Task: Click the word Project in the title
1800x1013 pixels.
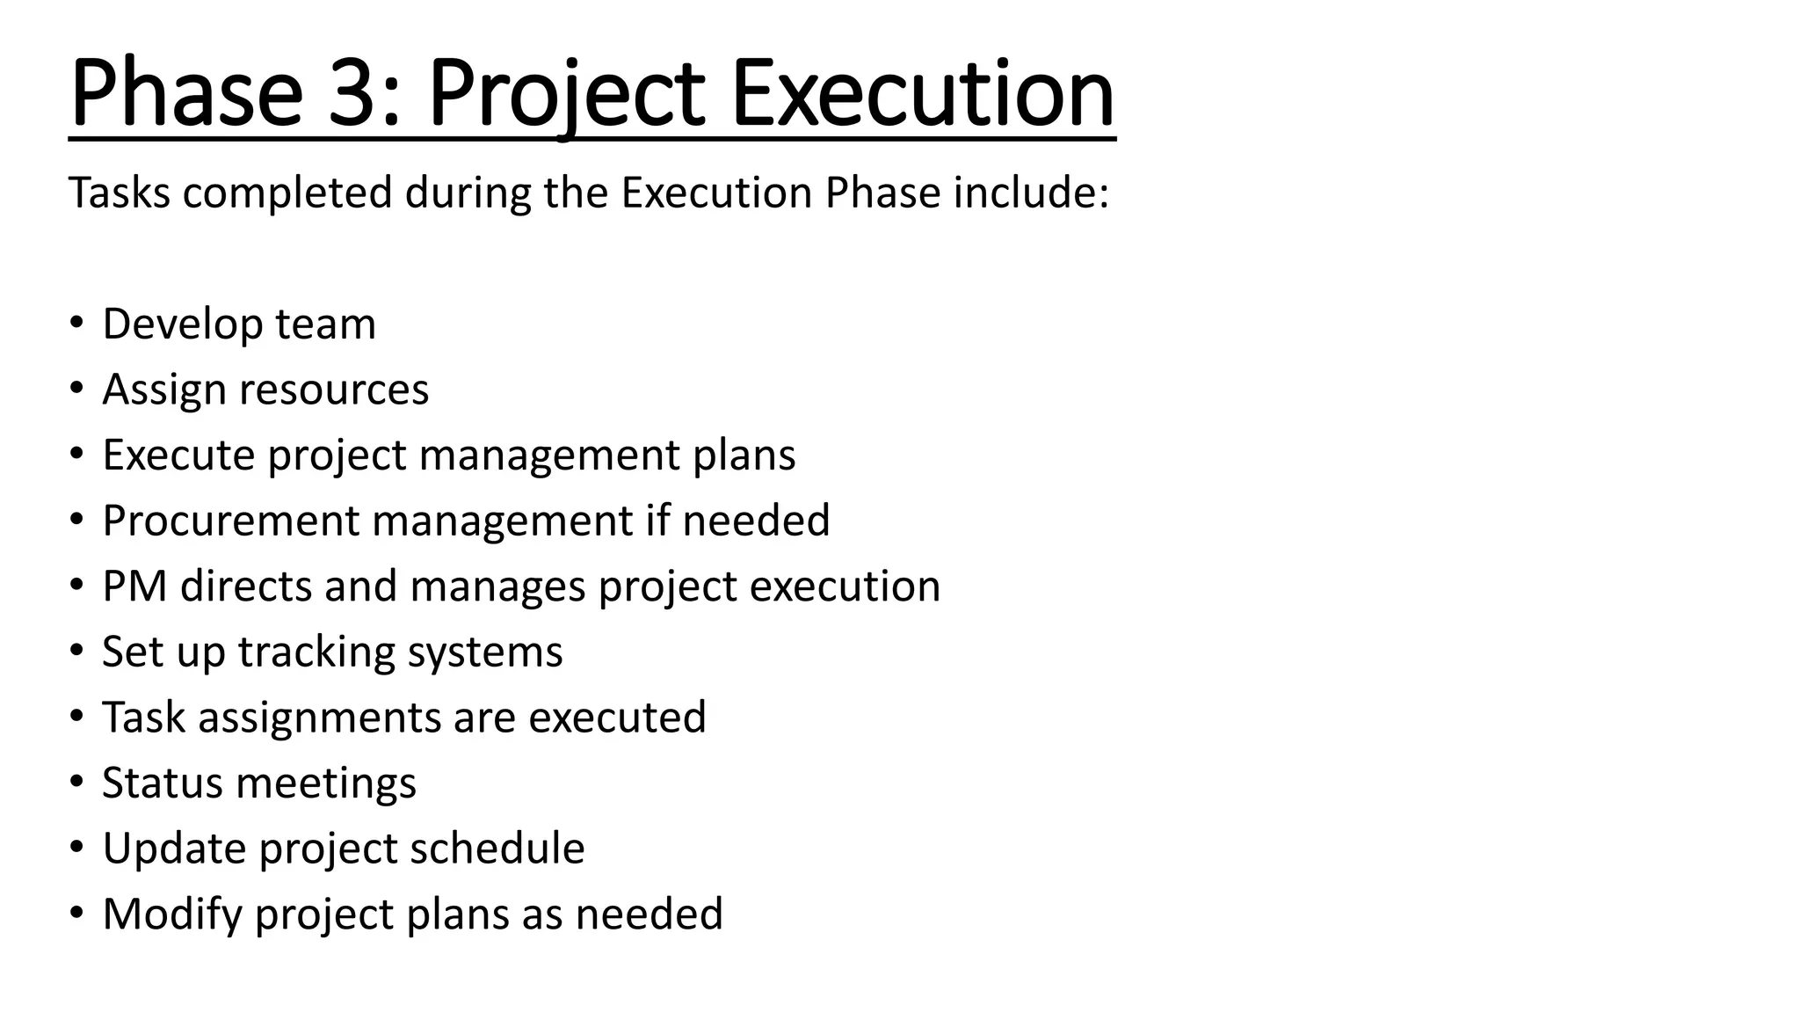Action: [566, 93]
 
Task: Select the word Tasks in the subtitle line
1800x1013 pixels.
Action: [120, 193]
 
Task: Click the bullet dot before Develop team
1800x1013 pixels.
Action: [77, 322]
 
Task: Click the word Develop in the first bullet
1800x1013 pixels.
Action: [182, 324]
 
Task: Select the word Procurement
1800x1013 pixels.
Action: [230, 521]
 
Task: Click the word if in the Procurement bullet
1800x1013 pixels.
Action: [657, 521]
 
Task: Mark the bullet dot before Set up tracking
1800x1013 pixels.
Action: [77, 651]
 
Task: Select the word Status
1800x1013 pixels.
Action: [162, 783]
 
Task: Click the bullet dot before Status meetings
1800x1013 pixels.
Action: [77, 782]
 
